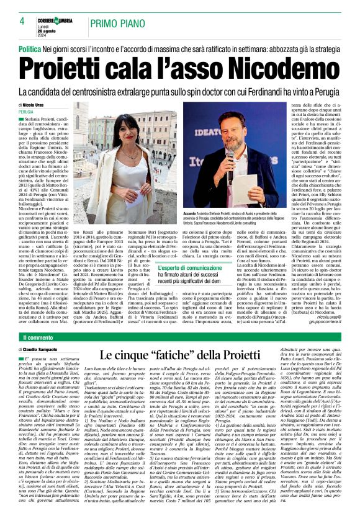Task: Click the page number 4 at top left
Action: (21, 20)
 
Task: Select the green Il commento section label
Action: (40, 337)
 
